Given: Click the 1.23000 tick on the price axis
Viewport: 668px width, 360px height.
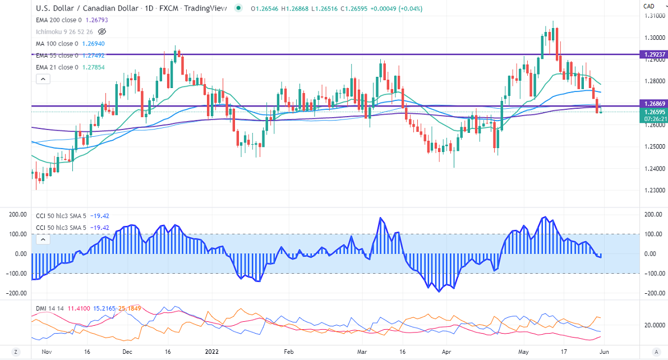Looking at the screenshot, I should coord(652,190).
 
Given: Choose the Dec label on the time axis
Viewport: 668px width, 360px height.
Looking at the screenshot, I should coord(127,352).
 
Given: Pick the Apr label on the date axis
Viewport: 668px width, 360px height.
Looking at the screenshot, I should coord(446,352).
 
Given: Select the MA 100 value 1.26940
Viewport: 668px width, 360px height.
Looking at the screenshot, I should coord(94,43).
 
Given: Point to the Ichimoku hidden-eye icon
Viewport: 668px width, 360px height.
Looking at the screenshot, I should coord(102,32).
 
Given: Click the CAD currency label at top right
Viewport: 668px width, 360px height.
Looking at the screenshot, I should coord(649,6).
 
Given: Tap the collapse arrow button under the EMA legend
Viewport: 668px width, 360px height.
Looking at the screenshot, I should coord(43,79).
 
